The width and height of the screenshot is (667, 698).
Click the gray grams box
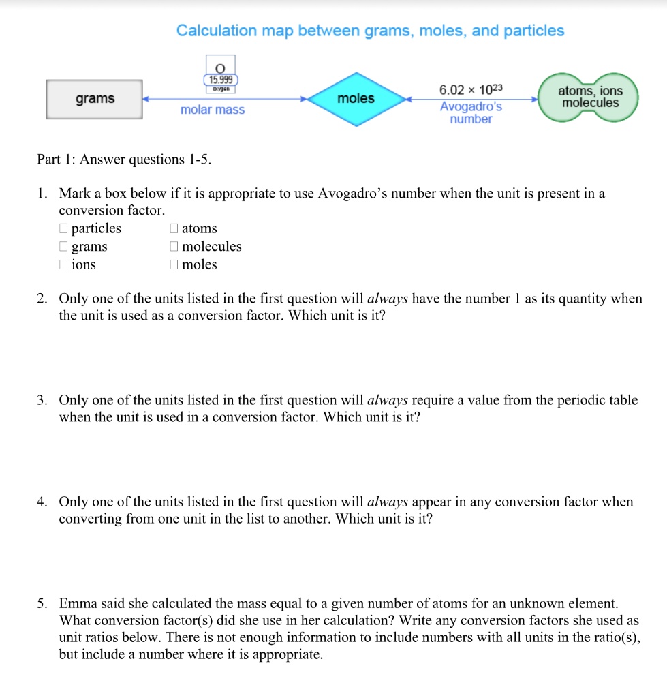[95, 99]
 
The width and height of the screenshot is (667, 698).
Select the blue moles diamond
[356, 99]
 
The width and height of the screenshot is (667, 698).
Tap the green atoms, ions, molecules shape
[589, 97]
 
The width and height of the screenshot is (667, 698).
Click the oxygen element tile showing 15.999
[219, 74]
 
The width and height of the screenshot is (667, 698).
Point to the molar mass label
[213, 110]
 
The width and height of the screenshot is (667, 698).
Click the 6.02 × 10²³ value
[471, 90]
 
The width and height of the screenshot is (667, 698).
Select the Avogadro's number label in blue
[471, 113]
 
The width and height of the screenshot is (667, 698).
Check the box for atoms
[174, 229]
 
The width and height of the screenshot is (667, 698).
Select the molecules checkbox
[174, 247]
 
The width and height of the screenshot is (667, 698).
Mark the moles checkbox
[174, 265]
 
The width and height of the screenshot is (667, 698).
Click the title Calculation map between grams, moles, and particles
[370, 31]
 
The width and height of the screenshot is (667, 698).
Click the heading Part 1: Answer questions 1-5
[124, 160]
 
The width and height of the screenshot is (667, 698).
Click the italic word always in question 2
[388, 299]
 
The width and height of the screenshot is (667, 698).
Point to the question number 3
[42, 400]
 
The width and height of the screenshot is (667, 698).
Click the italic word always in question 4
[388, 502]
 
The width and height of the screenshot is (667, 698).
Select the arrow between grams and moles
[225, 99]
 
